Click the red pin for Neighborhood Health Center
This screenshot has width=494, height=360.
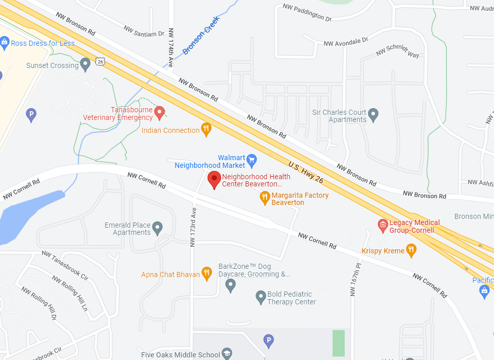coord(214,180)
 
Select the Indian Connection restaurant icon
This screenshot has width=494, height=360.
coord(206,130)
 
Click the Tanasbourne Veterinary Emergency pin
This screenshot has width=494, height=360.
coord(160,112)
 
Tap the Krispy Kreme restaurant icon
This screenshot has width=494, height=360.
coord(411,250)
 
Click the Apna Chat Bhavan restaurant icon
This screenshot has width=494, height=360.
coord(207,273)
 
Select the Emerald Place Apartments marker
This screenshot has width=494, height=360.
coord(158,227)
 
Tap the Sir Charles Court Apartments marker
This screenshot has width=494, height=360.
coord(373,114)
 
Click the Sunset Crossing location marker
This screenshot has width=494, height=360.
coord(86,63)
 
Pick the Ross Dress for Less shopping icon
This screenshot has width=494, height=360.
coord(5,42)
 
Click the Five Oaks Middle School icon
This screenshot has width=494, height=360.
coord(227,353)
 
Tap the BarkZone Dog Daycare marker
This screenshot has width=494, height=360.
coord(230,284)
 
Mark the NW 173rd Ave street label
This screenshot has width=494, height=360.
coord(193,227)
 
